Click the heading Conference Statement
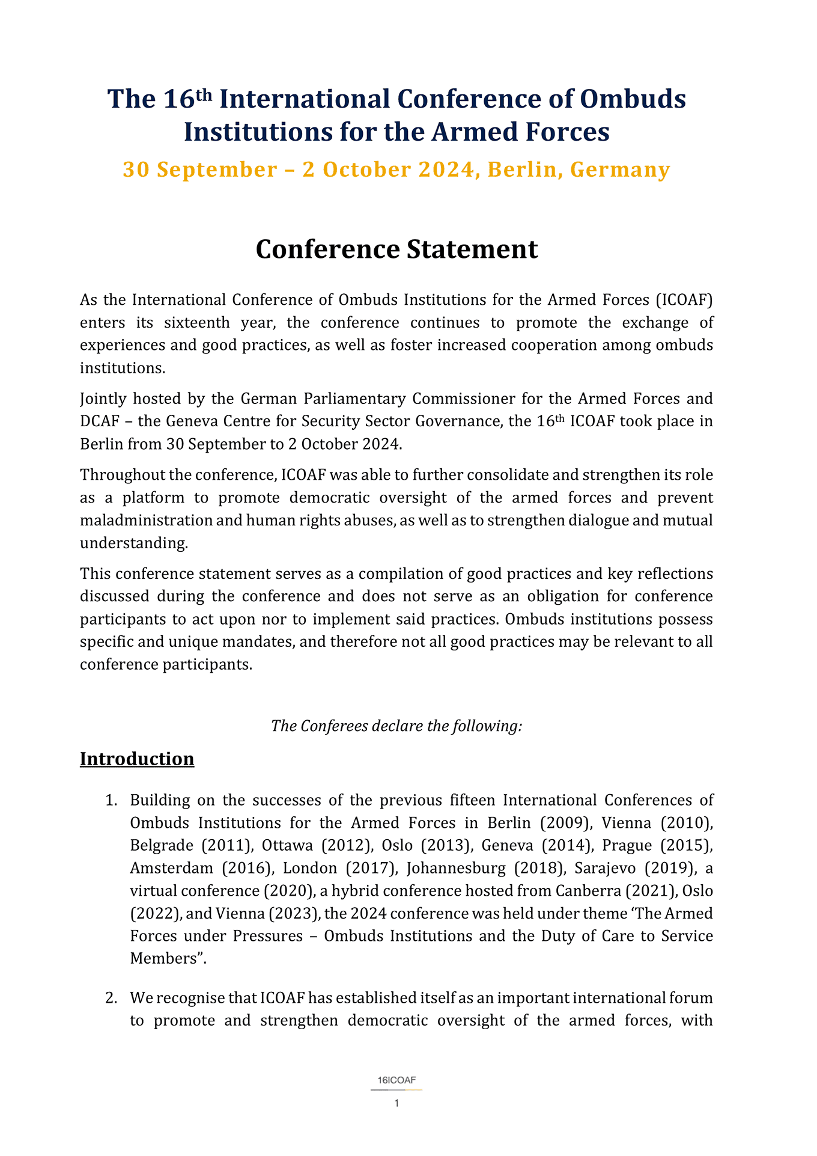[396, 249]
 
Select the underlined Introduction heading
[137, 759]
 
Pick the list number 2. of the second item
[111, 999]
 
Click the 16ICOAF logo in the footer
[396, 1081]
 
